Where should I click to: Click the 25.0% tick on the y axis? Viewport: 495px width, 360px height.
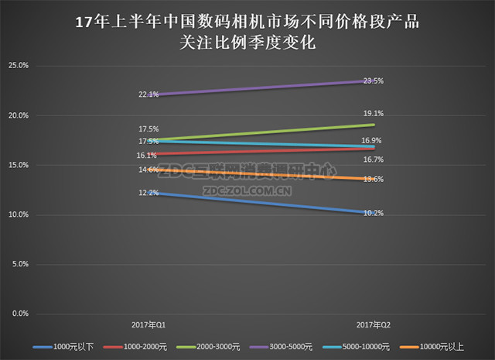click(x=18, y=66)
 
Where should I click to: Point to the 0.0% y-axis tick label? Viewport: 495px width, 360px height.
click(x=19, y=314)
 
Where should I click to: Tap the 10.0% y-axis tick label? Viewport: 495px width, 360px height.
click(x=18, y=214)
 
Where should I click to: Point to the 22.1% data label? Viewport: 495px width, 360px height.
click(x=148, y=94)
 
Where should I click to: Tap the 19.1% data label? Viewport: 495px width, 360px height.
click(x=375, y=113)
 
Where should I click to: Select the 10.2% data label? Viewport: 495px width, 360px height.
click(x=375, y=213)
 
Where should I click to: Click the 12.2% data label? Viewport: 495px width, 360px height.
click(x=148, y=193)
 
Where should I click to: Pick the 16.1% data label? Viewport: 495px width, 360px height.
click(x=148, y=155)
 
